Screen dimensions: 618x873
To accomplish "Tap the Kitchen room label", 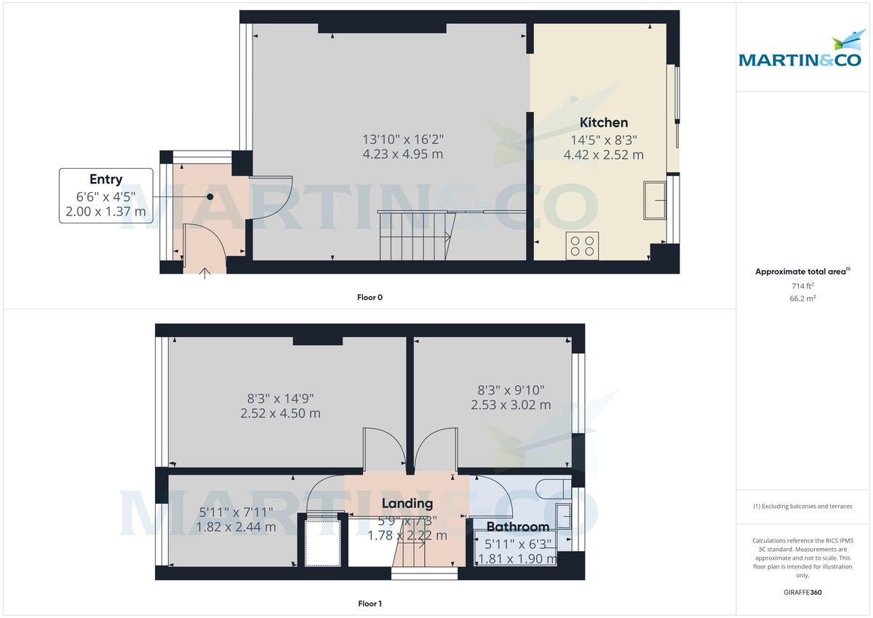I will tap(603, 122).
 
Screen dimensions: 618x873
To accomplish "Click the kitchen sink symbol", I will tap(655, 201).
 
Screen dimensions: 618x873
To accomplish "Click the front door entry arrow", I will tap(205, 273).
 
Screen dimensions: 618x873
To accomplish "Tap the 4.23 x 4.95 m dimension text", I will tap(402, 154).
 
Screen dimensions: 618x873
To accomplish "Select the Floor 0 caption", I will tap(370, 297).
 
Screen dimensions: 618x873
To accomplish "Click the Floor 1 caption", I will tap(370, 603).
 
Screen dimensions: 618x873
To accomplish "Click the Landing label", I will tap(407, 503).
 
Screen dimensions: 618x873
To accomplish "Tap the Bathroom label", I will tap(517, 527).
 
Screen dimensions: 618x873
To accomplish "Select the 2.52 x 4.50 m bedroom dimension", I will tap(280, 413).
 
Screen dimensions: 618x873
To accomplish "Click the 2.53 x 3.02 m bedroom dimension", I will tap(511, 405).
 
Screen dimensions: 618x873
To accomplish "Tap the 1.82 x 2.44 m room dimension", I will tap(237, 527).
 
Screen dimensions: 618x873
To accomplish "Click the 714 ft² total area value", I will tap(802, 286).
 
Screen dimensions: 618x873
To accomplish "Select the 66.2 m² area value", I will tap(802, 298).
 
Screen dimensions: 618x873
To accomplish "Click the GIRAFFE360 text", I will tap(802, 593).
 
